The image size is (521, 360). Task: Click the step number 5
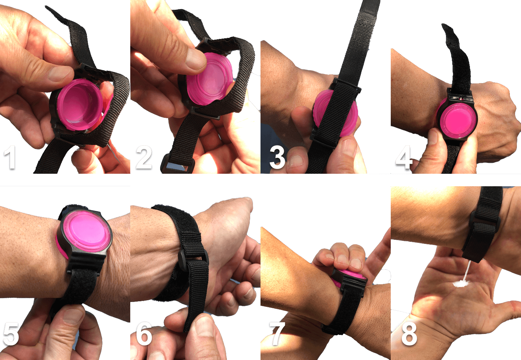[10, 334]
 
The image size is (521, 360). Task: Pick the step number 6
[144, 334]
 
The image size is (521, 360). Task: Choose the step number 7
[277, 334]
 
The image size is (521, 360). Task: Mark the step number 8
[409, 334]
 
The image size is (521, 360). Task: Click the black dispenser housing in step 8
[481, 240]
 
